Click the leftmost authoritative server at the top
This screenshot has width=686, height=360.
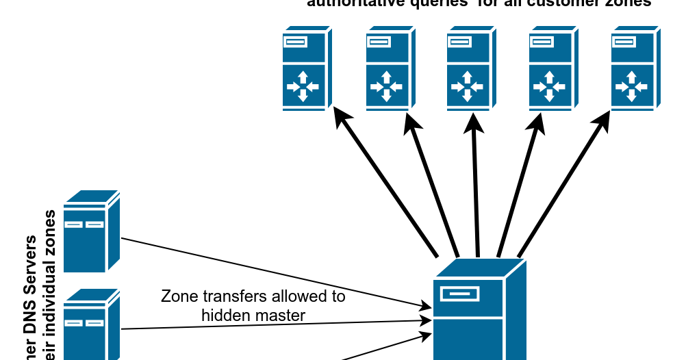point(307,68)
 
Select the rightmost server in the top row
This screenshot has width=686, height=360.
point(635,68)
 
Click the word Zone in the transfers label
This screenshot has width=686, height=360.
point(177,296)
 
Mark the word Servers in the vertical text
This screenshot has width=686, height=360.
point(31,263)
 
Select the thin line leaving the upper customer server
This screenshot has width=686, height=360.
point(274,272)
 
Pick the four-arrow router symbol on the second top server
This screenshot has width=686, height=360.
point(385,86)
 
